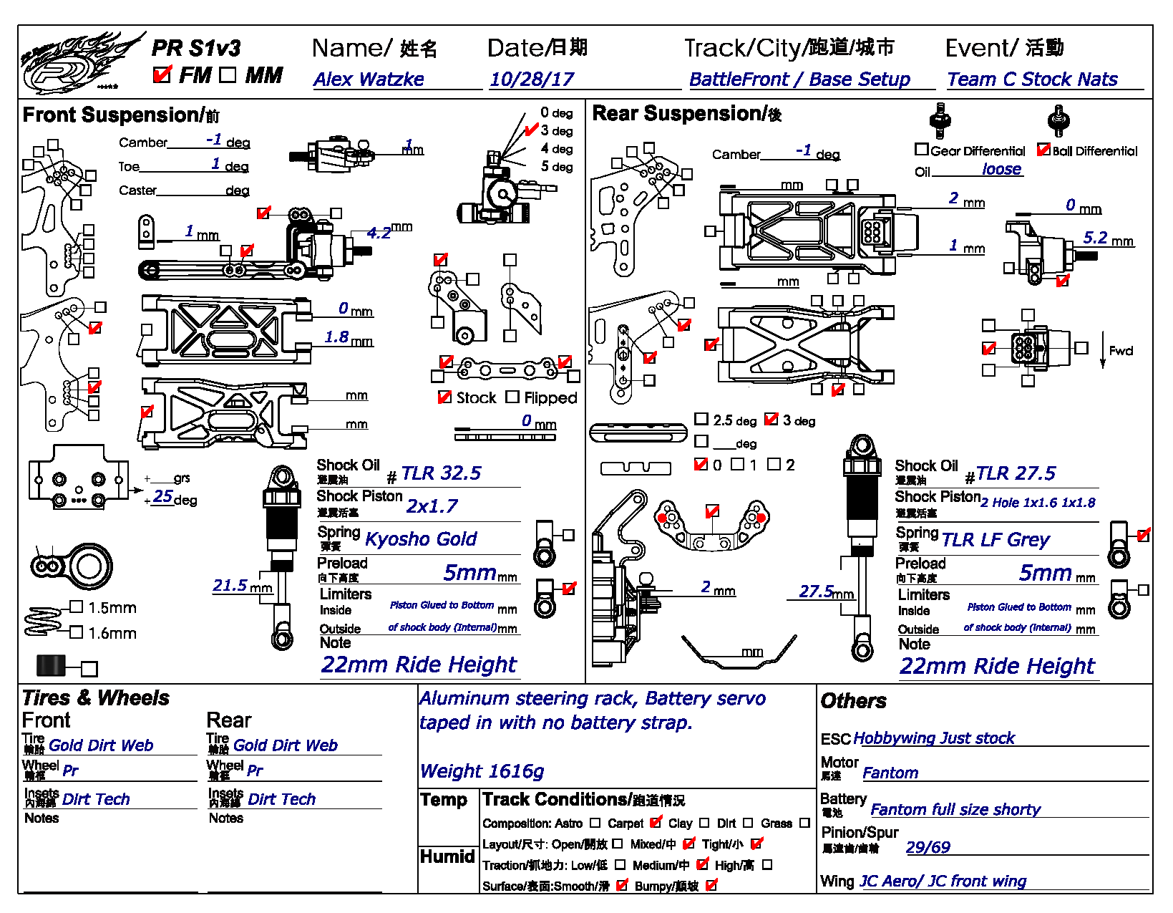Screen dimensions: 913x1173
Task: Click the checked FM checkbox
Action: click(162, 74)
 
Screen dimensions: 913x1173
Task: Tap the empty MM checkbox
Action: click(228, 74)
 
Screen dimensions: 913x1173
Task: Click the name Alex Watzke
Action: click(369, 79)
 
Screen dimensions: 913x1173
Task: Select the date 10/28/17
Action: click(532, 79)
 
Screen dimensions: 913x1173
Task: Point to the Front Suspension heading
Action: click(121, 115)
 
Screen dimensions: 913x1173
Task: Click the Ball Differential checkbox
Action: click(1043, 150)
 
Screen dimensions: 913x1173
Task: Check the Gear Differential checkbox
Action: click(922, 150)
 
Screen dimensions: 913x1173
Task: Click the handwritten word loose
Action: click(1001, 169)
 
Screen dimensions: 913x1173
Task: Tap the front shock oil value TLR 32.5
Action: click(441, 473)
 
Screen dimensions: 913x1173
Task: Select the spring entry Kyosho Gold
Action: click(421, 539)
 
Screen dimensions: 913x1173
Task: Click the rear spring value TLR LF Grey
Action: click(995, 540)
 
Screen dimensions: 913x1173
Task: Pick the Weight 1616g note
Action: click(482, 771)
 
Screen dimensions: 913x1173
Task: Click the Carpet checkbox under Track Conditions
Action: click(656, 823)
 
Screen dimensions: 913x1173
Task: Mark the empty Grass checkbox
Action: click(804, 823)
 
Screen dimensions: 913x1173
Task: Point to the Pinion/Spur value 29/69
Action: click(928, 848)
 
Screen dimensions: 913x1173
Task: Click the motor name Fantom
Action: click(890, 773)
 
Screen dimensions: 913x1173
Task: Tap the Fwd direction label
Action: click(1121, 351)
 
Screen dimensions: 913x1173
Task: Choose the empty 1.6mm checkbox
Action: click(77, 632)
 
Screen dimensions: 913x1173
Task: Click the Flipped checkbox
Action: click(512, 397)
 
